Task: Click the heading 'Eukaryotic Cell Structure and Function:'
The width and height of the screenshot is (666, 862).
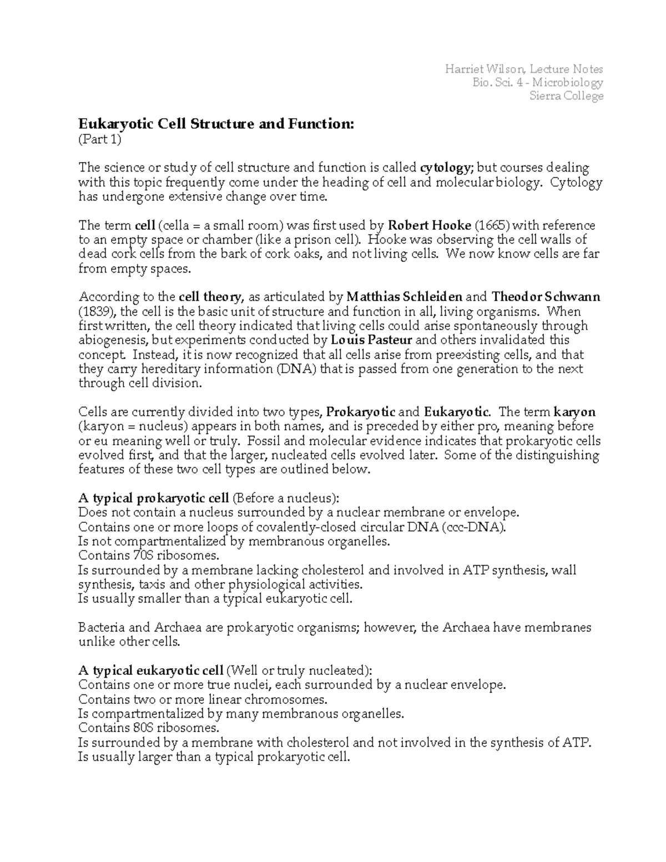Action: point(215,124)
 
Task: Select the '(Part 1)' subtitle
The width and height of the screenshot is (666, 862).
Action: point(99,139)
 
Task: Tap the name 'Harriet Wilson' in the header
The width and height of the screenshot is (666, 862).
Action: point(484,69)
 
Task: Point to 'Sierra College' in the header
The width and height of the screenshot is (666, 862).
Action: point(566,96)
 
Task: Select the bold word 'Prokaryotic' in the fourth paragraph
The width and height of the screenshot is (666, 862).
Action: point(361,412)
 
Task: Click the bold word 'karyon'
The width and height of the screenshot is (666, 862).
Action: point(574,412)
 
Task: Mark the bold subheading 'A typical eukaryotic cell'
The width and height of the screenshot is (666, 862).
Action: point(151,671)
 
